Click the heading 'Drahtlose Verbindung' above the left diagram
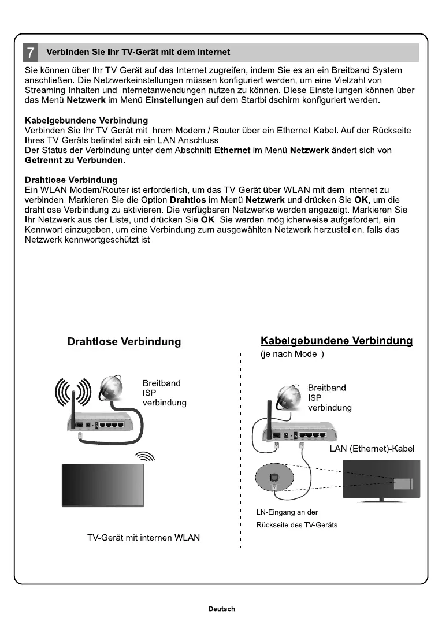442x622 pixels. [124, 342]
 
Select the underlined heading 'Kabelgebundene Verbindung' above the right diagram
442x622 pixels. [337, 341]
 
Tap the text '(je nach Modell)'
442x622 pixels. [292, 354]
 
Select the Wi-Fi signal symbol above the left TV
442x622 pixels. [145, 457]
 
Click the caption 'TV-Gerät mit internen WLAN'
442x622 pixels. [143, 538]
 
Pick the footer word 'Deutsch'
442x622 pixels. [222, 609]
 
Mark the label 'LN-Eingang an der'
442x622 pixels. [287, 512]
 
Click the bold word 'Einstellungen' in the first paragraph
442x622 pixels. [174, 100]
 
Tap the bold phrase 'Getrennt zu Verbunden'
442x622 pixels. [74, 159]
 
